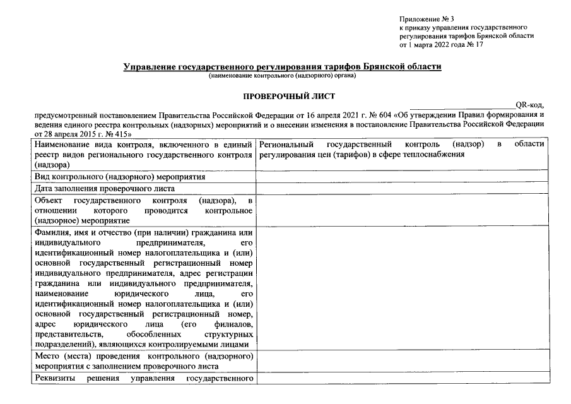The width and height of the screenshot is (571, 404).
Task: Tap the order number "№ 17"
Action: (473, 45)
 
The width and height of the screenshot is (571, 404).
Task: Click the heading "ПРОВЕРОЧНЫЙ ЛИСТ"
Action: (281, 96)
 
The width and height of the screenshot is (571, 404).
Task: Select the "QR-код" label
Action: (529, 105)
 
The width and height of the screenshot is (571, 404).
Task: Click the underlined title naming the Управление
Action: (282, 66)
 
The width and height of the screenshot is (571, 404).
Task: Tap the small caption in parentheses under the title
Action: (282, 76)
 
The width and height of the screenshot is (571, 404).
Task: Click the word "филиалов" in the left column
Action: (235, 324)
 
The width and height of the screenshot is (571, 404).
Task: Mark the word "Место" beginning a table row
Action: (47, 356)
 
